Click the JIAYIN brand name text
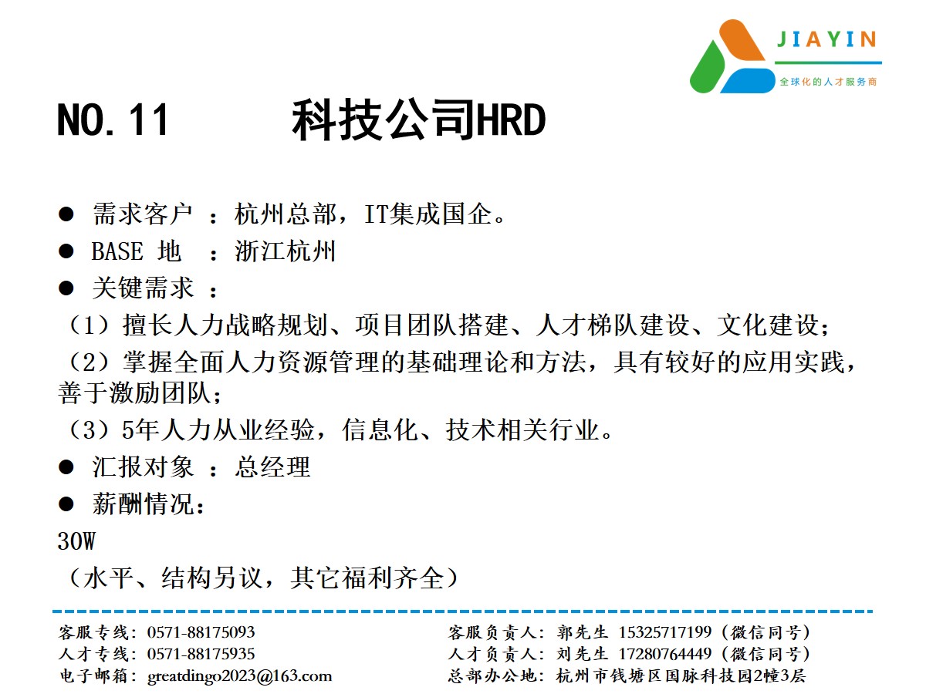tap(826, 39)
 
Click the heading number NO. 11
tap(113, 120)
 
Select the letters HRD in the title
tap(511, 120)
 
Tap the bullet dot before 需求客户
tap(66, 214)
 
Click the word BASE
tap(117, 251)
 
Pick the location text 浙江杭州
tap(286, 251)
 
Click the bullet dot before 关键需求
tap(66, 288)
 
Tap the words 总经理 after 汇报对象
tap(272, 467)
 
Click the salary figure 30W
tap(76, 541)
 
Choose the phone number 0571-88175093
tap(201, 632)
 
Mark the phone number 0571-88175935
tap(201, 654)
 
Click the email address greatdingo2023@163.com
tap(240, 676)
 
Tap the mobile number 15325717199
tap(665, 632)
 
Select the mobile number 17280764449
tap(665, 654)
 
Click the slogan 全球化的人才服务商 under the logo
tap(828, 82)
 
